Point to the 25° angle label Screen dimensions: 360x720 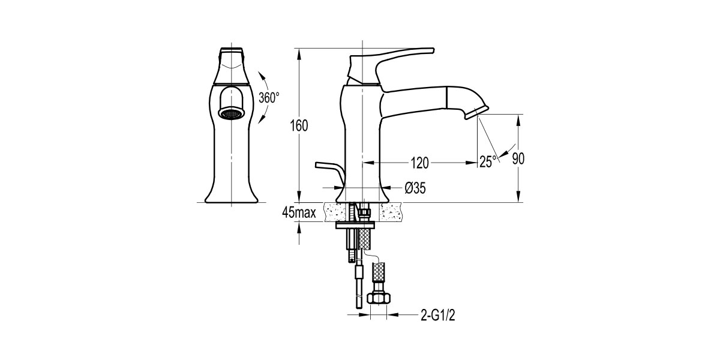click(488, 161)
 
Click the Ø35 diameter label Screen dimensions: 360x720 click(415, 188)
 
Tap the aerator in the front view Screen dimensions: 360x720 click(232, 113)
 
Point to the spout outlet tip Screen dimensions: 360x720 click(478, 112)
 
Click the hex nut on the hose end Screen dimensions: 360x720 click(379, 298)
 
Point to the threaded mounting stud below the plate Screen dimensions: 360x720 click(349, 246)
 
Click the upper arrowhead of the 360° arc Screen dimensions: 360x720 click(262, 75)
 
